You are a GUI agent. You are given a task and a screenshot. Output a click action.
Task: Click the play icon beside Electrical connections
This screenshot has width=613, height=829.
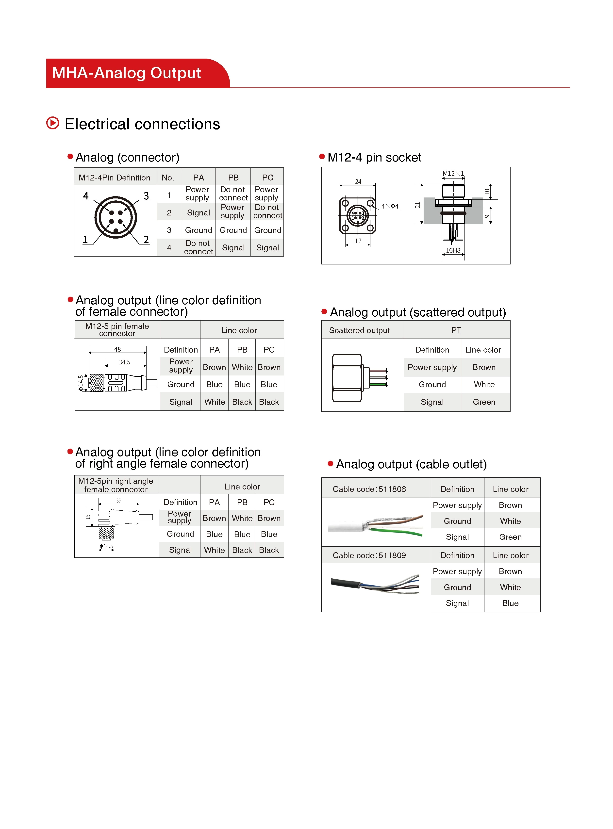pyautogui.click(x=53, y=123)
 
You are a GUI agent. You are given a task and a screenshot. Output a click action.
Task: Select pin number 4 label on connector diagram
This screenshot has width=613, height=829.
pyautogui.click(x=86, y=195)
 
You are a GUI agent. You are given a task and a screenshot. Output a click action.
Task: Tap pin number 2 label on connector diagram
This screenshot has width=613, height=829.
pyautogui.click(x=146, y=240)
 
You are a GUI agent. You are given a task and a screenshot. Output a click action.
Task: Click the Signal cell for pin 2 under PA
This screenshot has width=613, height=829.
pyautogui.click(x=198, y=212)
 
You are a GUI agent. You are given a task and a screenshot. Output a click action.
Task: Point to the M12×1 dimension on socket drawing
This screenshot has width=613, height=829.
pyautogui.click(x=453, y=174)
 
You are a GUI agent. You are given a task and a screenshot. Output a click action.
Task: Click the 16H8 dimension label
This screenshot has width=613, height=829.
pyautogui.click(x=453, y=250)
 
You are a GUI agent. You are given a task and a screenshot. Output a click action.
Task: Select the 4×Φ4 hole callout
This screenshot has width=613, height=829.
pyautogui.click(x=390, y=206)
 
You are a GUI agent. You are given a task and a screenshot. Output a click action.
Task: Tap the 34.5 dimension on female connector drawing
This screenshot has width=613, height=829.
pyautogui.click(x=124, y=362)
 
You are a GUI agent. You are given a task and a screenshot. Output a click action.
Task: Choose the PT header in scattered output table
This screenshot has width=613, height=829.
pyautogui.click(x=456, y=330)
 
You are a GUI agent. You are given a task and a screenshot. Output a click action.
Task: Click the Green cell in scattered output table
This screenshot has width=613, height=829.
pyautogui.click(x=484, y=402)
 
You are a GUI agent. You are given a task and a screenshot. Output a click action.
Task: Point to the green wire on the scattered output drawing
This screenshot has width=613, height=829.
pyautogui.click(x=379, y=384)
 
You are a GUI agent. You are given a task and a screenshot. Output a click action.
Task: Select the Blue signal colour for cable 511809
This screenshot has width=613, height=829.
pyautogui.click(x=510, y=603)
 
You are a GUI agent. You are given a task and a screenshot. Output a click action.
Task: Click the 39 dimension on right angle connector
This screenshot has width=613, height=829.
pyautogui.click(x=119, y=500)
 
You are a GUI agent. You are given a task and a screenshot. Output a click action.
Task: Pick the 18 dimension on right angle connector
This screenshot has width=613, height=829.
pyautogui.click(x=88, y=517)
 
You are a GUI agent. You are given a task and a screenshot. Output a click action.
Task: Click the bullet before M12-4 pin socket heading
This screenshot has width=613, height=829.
pyautogui.click(x=322, y=157)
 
